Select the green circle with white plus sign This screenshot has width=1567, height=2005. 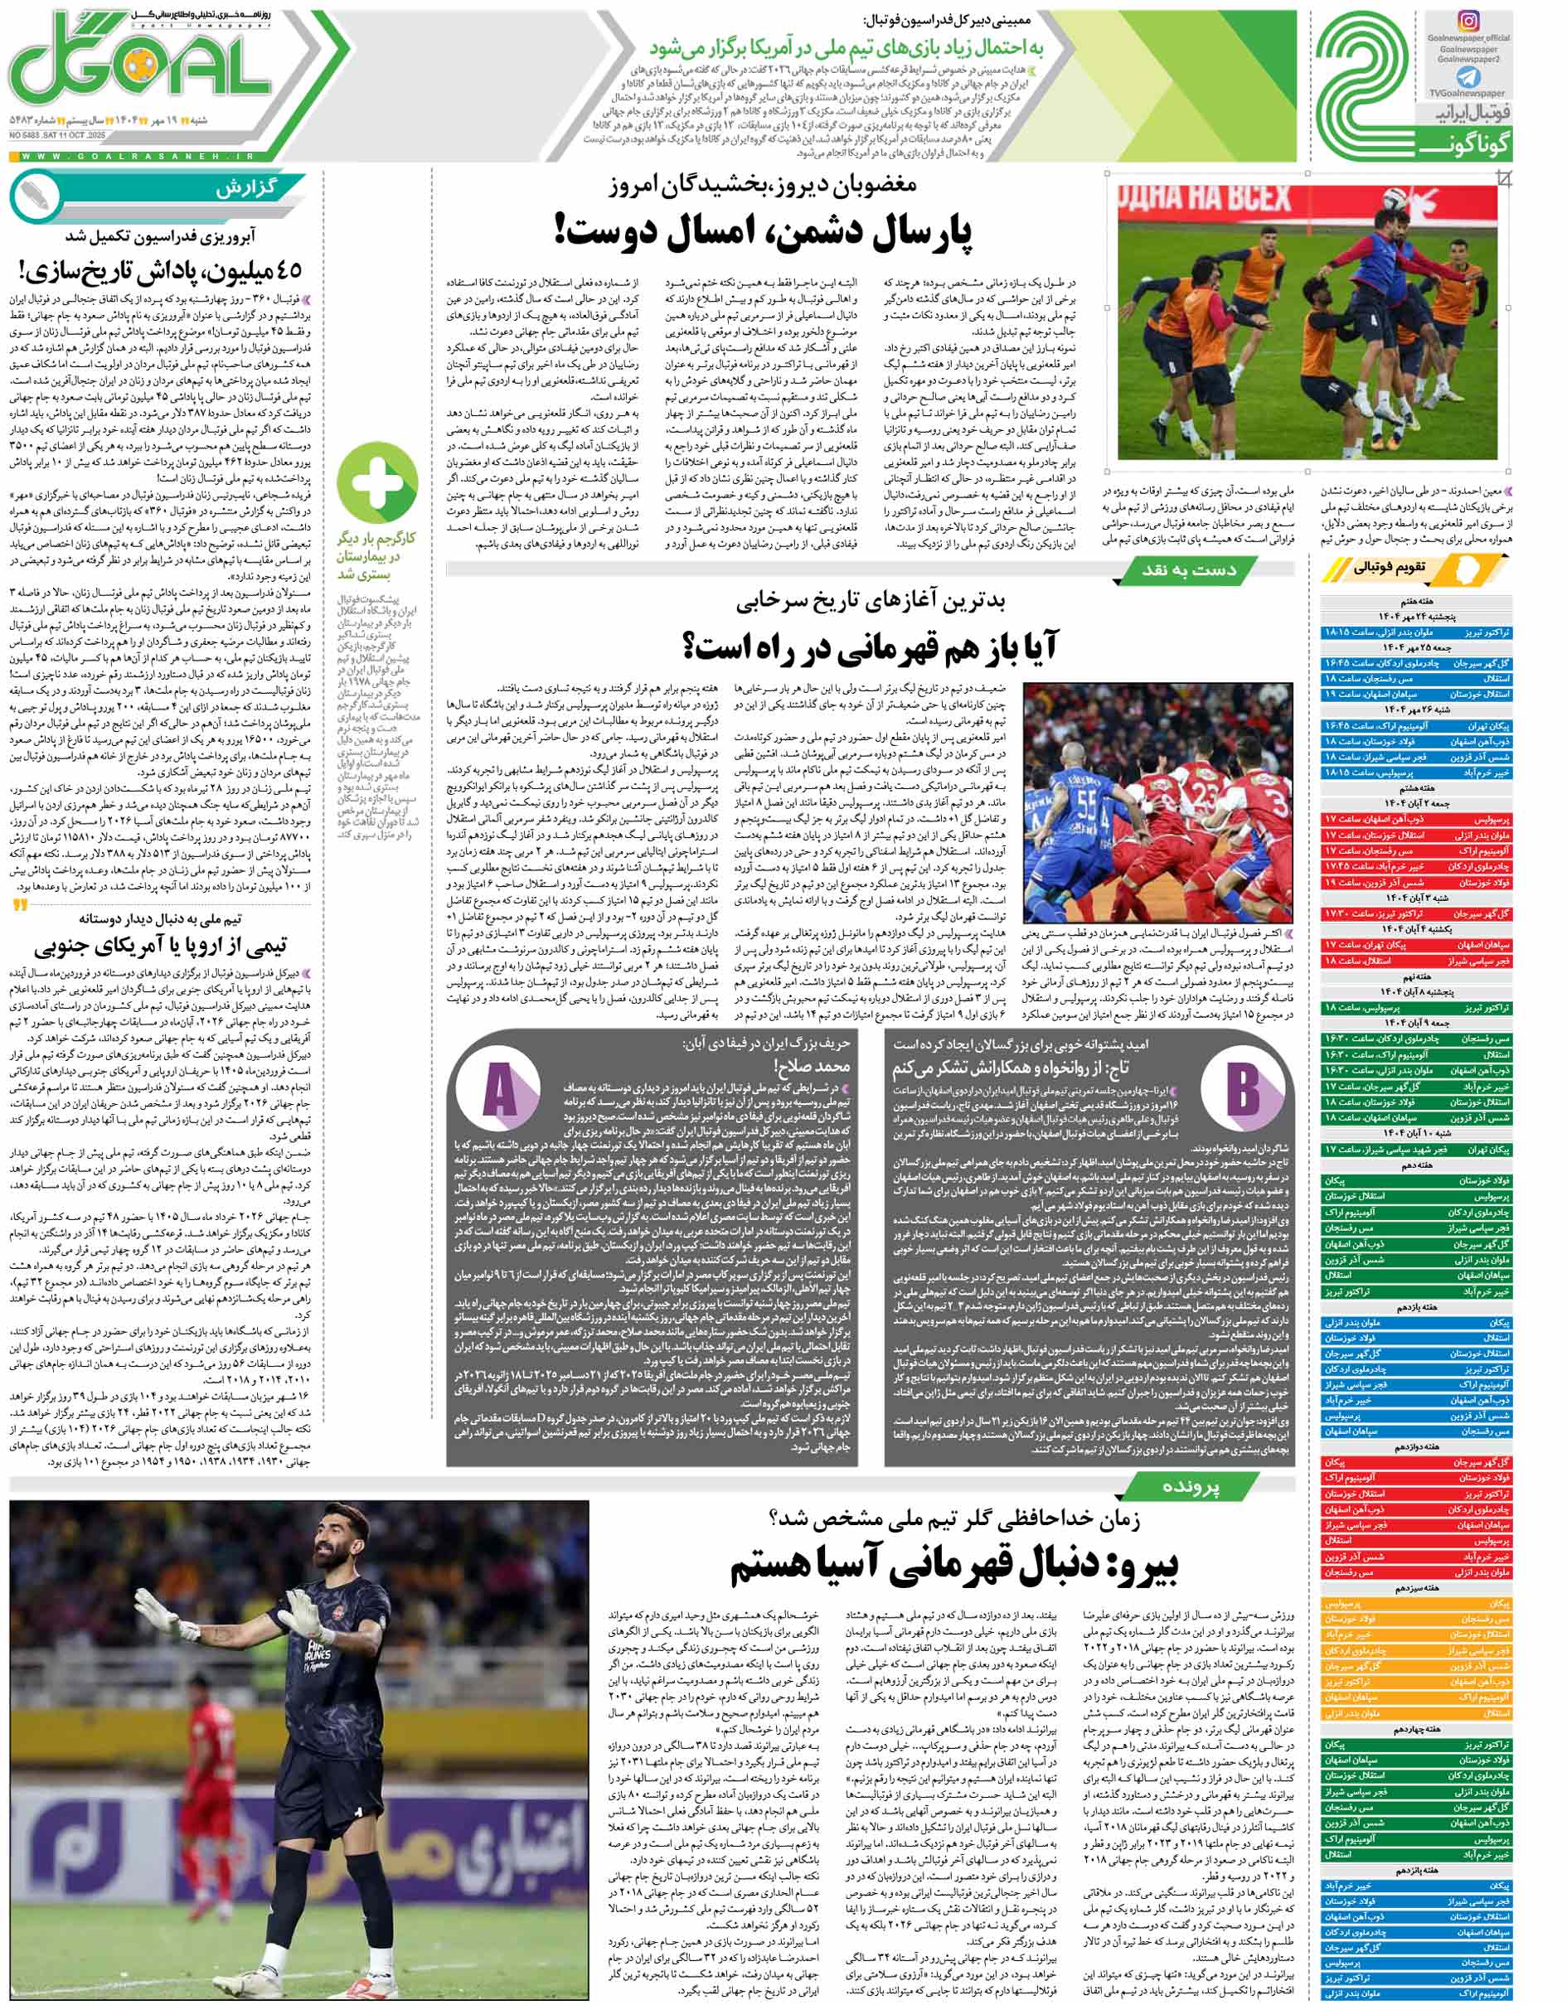(x=376, y=481)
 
